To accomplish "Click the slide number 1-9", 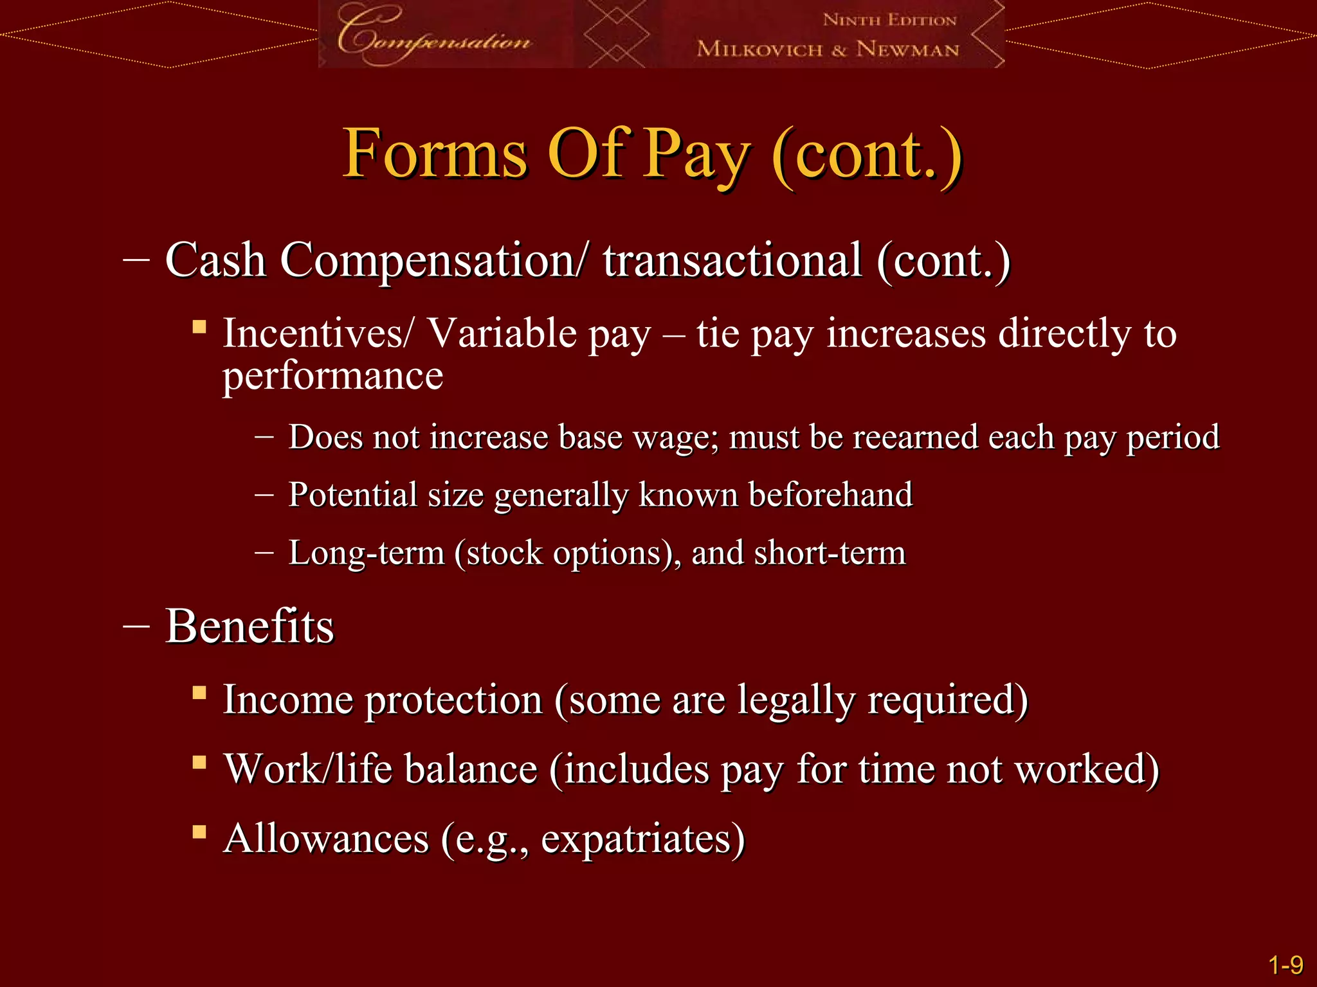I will (1285, 965).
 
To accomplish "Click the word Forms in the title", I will (435, 154).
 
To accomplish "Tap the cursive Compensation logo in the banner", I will (433, 36).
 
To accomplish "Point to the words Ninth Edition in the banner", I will (889, 20).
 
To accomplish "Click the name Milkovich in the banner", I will (759, 49).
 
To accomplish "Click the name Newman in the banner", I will (907, 49).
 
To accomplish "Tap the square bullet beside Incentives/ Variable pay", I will (199, 327).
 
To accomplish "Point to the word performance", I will (332, 376).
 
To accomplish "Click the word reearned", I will (916, 438).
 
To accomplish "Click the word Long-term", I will (366, 553).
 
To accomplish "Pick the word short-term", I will (830, 553).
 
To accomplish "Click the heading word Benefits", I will (250, 626).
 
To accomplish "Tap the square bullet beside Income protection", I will (199, 693).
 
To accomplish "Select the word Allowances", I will (326, 839).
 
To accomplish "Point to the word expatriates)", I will (642, 839).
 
